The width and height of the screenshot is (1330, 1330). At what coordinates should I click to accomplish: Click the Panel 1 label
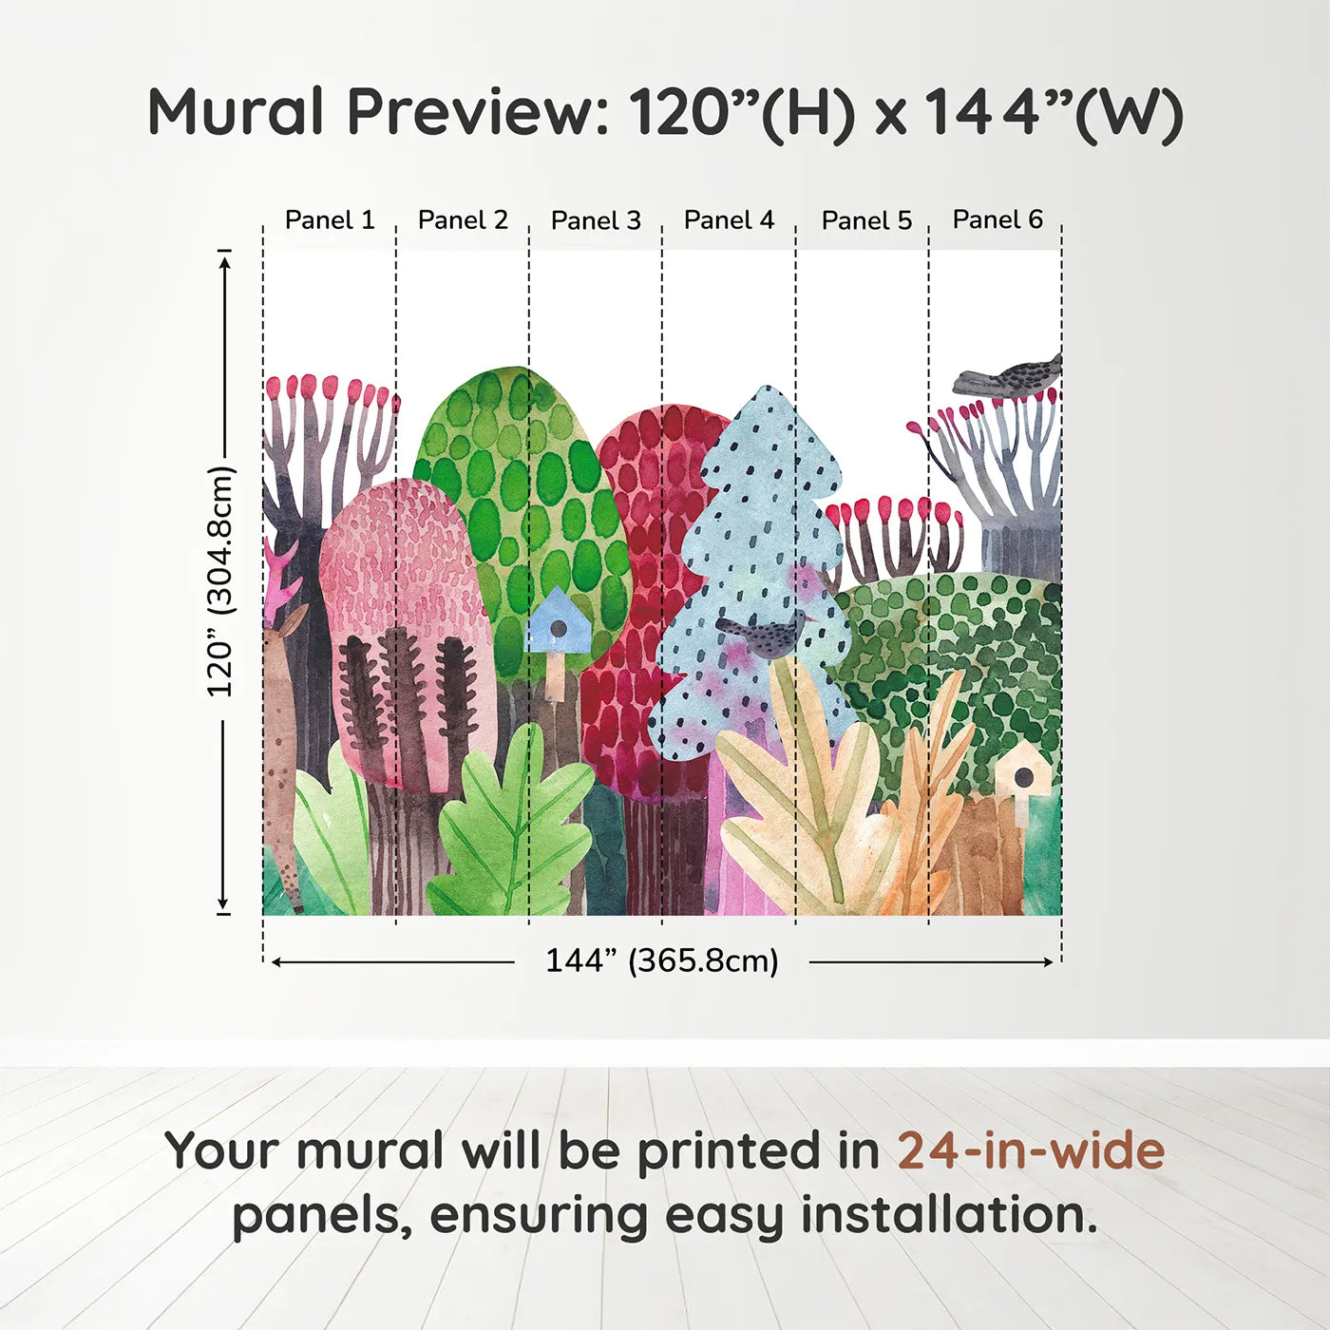click(x=330, y=220)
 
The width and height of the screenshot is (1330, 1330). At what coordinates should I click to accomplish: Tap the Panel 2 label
click(x=463, y=220)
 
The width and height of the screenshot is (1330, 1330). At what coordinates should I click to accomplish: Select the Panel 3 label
click(x=596, y=220)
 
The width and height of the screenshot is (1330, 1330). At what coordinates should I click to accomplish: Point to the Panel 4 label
click(x=729, y=220)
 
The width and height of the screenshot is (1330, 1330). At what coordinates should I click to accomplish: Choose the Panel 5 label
click(x=866, y=220)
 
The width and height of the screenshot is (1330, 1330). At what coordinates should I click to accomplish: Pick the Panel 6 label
click(x=997, y=219)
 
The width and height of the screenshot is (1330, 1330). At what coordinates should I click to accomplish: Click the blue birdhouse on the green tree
click(x=558, y=622)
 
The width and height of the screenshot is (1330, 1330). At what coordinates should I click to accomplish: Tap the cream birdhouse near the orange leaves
click(x=1023, y=774)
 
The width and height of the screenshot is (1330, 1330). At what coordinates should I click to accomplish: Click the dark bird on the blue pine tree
click(x=766, y=635)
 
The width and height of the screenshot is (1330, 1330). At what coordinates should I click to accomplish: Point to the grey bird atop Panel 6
click(x=1010, y=376)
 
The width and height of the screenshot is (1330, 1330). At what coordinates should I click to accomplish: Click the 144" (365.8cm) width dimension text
click(x=662, y=960)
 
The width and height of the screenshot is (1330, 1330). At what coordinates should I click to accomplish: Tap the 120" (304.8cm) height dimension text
click(x=220, y=581)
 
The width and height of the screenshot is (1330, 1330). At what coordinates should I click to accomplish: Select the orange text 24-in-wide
click(x=1031, y=1150)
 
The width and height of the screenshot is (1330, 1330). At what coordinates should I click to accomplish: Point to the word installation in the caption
click(x=948, y=1215)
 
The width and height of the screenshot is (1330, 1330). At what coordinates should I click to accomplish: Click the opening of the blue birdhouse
click(x=559, y=628)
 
